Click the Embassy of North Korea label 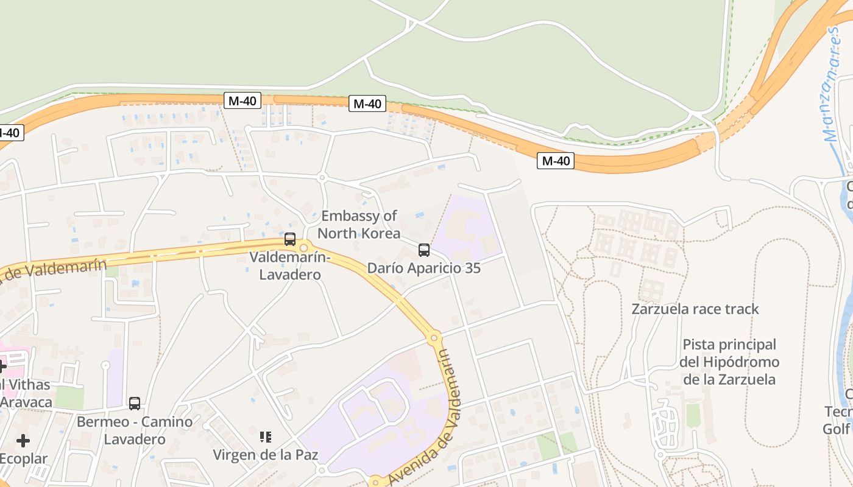pyautogui.click(x=359, y=224)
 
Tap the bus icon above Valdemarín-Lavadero pyautogui.click(x=290, y=239)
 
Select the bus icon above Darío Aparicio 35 pyautogui.click(x=423, y=250)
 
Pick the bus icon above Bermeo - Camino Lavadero pyautogui.click(x=135, y=403)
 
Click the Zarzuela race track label pyautogui.click(x=695, y=309)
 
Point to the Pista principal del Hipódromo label pyautogui.click(x=729, y=362)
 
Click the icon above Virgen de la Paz pyautogui.click(x=265, y=436)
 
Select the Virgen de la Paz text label pyautogui.click(x=265, y=454)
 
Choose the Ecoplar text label pyautogui.click(x=23, y=458)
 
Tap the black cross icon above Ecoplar pyautogui.click(x=23, y=440)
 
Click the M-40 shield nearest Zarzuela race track pyautogui.click(x=556, y=161)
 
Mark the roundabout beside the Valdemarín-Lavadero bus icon pyautogui.click(x=304, y=247)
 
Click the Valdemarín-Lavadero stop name pyautogui.click(x=290, y=265)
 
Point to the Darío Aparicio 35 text pyautogui.click(x=423, y=268)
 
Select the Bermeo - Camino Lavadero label pyautogui.click(x=135, y=430)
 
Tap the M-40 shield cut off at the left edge pyautogui.click(x=10, y=132)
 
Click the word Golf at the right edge pyautogui.click(x=837, y=429)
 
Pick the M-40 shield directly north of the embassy pyautogui.click(x=367, y=103)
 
